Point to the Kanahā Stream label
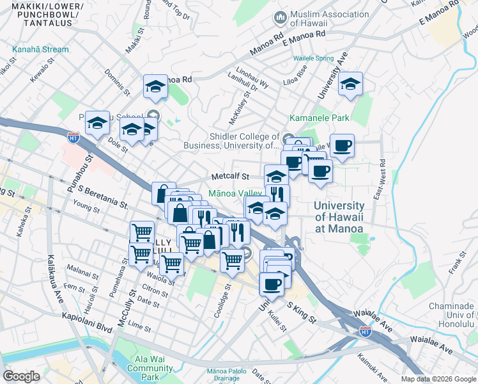tap(40, 49)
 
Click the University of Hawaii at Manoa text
tap(339, 217)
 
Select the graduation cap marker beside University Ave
tap(350, 84)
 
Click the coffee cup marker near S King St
tap(272, 283)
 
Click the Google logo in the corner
tap(22, 376)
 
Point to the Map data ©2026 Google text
tap(438, 379)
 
